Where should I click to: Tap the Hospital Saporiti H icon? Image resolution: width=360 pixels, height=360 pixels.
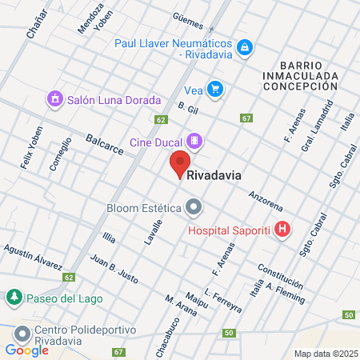pos(282,230)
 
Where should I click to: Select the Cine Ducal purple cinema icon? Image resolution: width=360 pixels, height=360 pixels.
pos(195,142)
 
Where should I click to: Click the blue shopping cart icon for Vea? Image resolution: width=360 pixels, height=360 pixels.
pos(214,89)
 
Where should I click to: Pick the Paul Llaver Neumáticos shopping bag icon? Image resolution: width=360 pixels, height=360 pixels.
pos(246,49)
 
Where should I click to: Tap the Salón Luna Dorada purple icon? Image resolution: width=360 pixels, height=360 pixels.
pos(54,99)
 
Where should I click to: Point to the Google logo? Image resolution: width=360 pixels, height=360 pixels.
pos(26,350)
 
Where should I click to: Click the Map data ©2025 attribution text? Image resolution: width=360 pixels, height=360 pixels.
pos(325,354)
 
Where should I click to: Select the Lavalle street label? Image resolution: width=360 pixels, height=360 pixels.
pos(153,233)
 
